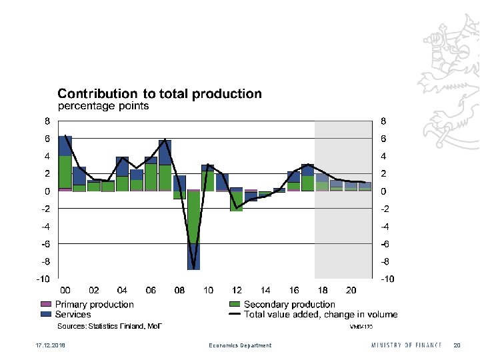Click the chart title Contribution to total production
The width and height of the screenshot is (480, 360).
click(x=159, y=94)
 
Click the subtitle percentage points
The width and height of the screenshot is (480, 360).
click(x=103, y=106)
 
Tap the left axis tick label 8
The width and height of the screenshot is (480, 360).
click(x=47, y=121)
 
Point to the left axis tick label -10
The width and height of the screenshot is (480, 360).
click(x=43, y=279)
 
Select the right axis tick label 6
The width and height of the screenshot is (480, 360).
click(x=383, y=139)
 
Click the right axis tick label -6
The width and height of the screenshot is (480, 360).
click(x=384, y=244)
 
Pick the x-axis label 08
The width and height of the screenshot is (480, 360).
click(x=179, y=291)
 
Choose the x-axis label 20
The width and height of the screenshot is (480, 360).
click(x=351, y=291)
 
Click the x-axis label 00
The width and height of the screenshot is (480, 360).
click(x=65, y=291)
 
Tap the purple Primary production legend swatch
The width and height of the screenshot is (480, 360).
click(x=46, y=305)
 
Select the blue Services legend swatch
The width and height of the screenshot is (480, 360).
click(x=46, y=314)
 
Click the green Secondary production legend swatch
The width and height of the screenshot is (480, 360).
click(x=234, y=305)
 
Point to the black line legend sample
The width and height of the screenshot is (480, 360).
click(x=234, y=314)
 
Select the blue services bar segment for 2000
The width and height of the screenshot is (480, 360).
click(x=65, y=146)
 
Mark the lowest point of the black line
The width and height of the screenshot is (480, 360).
click(x=193, y=268)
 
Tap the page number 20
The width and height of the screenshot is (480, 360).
click(x=457, y=345)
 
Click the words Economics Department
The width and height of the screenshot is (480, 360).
click(x=240, y=345)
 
